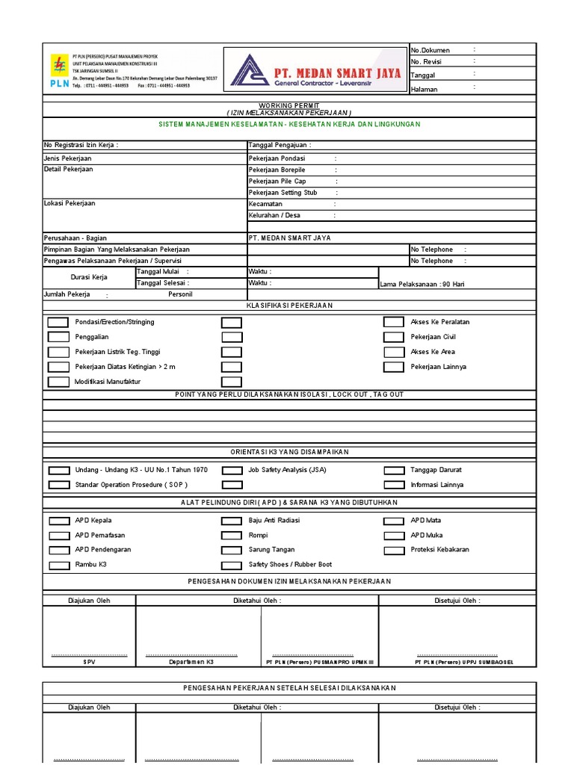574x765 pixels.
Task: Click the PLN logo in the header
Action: coord(59,71)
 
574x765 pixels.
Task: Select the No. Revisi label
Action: coord(428,62)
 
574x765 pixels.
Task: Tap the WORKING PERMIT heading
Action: coord(288,106)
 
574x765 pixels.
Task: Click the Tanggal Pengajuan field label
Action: coord(280,145)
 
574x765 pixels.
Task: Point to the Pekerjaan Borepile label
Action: coord(277,170)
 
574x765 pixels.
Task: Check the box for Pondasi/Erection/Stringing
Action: coord(58,323)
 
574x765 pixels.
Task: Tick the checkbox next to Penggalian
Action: coord(58,338)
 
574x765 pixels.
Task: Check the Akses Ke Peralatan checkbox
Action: coord(394,322)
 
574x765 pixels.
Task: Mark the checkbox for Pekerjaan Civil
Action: coord(394,337)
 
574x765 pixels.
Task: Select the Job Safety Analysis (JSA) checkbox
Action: coord(232,471)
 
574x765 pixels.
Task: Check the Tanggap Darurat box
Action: coord(394,471)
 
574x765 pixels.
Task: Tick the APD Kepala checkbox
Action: coord(58,521)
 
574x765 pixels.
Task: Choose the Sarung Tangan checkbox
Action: coord(232,551)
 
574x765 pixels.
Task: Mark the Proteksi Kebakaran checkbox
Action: coord(394,551)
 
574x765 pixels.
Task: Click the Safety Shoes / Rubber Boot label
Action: coord(290,565)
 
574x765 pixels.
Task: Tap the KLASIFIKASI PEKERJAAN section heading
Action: coord(288,306)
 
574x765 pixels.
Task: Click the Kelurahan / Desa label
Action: coord(274,216)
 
